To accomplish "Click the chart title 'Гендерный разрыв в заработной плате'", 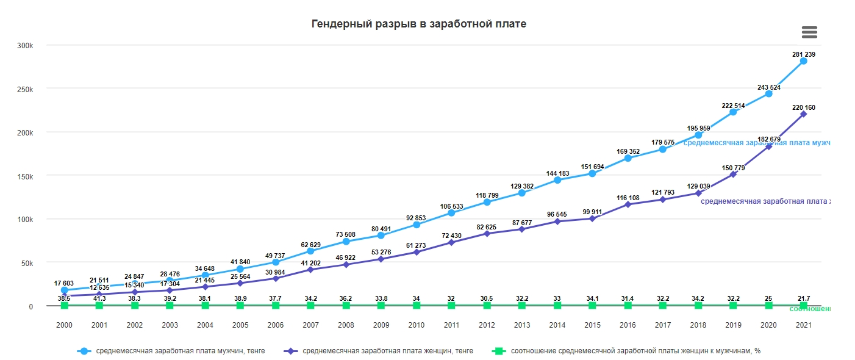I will tap(418, 24).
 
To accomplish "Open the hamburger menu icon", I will tap(809, 32).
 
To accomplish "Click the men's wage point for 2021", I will tap(804, 61).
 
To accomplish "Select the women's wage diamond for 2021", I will tap(804, 114).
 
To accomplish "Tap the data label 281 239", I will tap(804, 54).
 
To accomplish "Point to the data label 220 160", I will tap(804, 107).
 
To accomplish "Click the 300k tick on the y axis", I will tap(25, 46).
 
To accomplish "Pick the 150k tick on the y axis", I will tap(25, 176).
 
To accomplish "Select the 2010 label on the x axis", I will tap(417, 325).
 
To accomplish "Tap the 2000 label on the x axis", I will tap(64, 325).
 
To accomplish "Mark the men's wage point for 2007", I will tap(310, 251).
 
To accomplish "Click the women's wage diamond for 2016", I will tap(628, 204).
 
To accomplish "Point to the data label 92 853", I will tap(417, 218).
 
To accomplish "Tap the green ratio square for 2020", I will tap(768, 305).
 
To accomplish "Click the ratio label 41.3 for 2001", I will tap(99, 298).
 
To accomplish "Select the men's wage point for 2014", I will tap(557, 180).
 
